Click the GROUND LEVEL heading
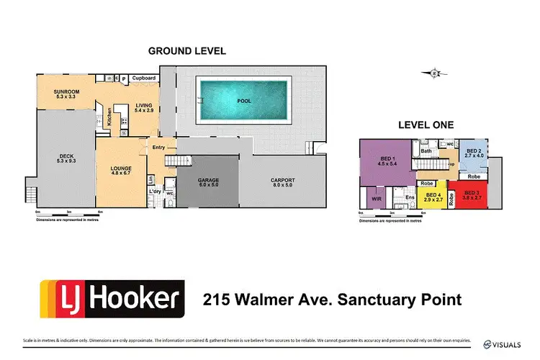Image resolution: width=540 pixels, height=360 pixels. point(186,51)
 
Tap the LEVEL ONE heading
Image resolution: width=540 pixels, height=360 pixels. point(426,125)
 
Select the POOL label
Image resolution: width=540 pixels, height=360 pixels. point(245,102)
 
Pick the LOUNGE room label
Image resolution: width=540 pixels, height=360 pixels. point(120,168)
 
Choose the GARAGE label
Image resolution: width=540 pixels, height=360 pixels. point(209,181)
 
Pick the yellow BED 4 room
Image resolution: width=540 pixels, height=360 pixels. point(433,197)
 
